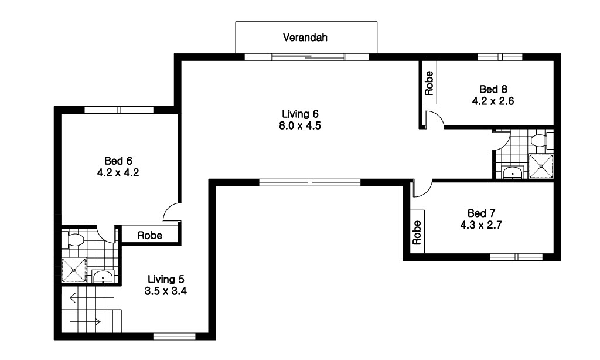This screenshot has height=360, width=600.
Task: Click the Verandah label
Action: [x=305, y=37]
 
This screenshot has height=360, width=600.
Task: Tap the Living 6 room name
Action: [x=300, y=114]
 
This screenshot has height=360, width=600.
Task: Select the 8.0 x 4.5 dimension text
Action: [x=300, y=125]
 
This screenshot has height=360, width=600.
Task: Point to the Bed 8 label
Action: [x=493, y=89]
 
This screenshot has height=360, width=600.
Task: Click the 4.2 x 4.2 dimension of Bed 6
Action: [x=118, y=173]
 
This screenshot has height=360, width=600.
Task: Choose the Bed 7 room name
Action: [x=482, y=213]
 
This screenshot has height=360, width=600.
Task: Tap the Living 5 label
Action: [x=166, y=279]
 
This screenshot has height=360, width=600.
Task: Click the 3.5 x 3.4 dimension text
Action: [x=166, y=291]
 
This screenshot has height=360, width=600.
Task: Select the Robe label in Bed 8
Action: [x=429, y=83]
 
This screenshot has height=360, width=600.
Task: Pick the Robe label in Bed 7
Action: [x=417, y=232]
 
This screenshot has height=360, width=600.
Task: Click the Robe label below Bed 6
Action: [x=150, y=235]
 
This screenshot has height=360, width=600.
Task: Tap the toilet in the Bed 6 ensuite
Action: [x=73, y=240]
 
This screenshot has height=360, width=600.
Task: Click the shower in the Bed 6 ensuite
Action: [x=74, y=270]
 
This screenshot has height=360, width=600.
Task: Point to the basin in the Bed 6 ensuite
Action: [x=103, y=277]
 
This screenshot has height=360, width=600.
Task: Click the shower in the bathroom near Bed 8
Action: [x=541, y=166]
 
